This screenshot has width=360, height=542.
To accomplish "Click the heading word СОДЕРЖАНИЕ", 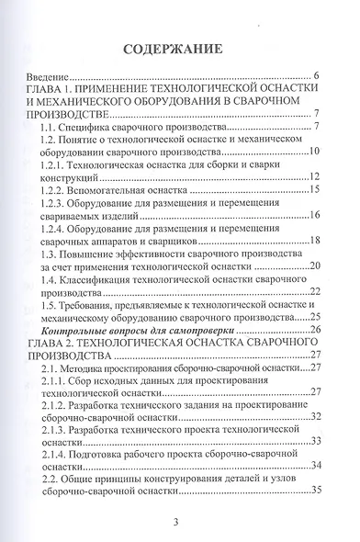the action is coord(179,47).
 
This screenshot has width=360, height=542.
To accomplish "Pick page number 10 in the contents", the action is coord(312,152).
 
